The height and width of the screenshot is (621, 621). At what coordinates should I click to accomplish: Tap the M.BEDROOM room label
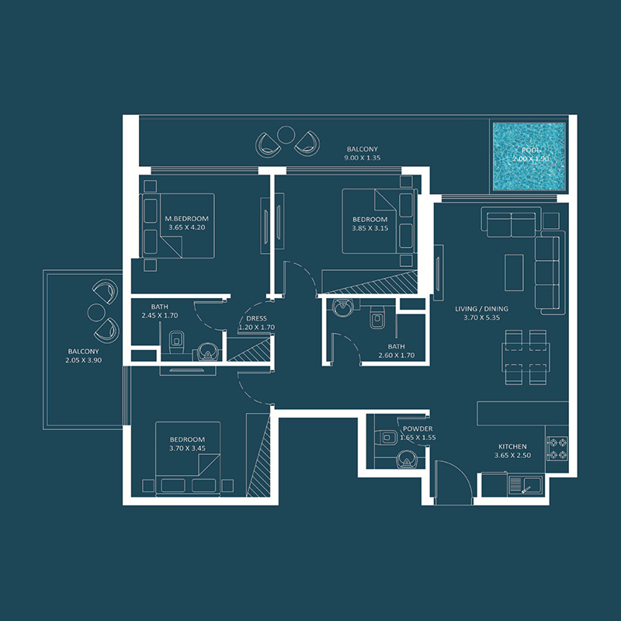[x=187, y=219]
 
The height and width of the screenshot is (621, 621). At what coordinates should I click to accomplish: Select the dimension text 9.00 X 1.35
[x=362, y=158]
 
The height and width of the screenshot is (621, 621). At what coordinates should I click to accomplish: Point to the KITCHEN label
[x=512, y=446]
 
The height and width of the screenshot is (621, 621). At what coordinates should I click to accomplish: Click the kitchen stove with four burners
[x=557, y=448]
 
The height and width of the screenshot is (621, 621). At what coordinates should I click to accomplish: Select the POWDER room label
[x=418, y=429]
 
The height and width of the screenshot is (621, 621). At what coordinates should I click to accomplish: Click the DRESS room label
[x=256, y=318]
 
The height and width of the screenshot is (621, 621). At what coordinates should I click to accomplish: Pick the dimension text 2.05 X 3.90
[x=83, y=359]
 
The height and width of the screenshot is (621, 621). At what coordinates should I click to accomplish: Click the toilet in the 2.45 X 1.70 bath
[x=176, y=342]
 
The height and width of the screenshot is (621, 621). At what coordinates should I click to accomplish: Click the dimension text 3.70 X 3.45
[x=187, y=449]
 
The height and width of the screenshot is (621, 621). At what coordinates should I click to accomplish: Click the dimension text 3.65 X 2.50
[x=512, y=456]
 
